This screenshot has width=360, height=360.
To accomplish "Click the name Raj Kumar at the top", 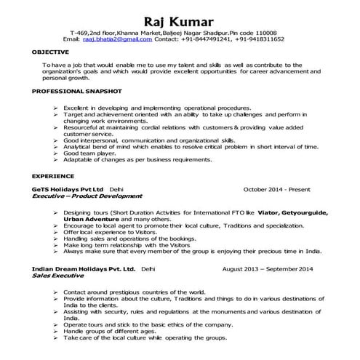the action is pyautogui.click(x=180, y=20).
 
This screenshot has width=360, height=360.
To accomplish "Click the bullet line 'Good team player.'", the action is pyautogui.click(x=89, y=153).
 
